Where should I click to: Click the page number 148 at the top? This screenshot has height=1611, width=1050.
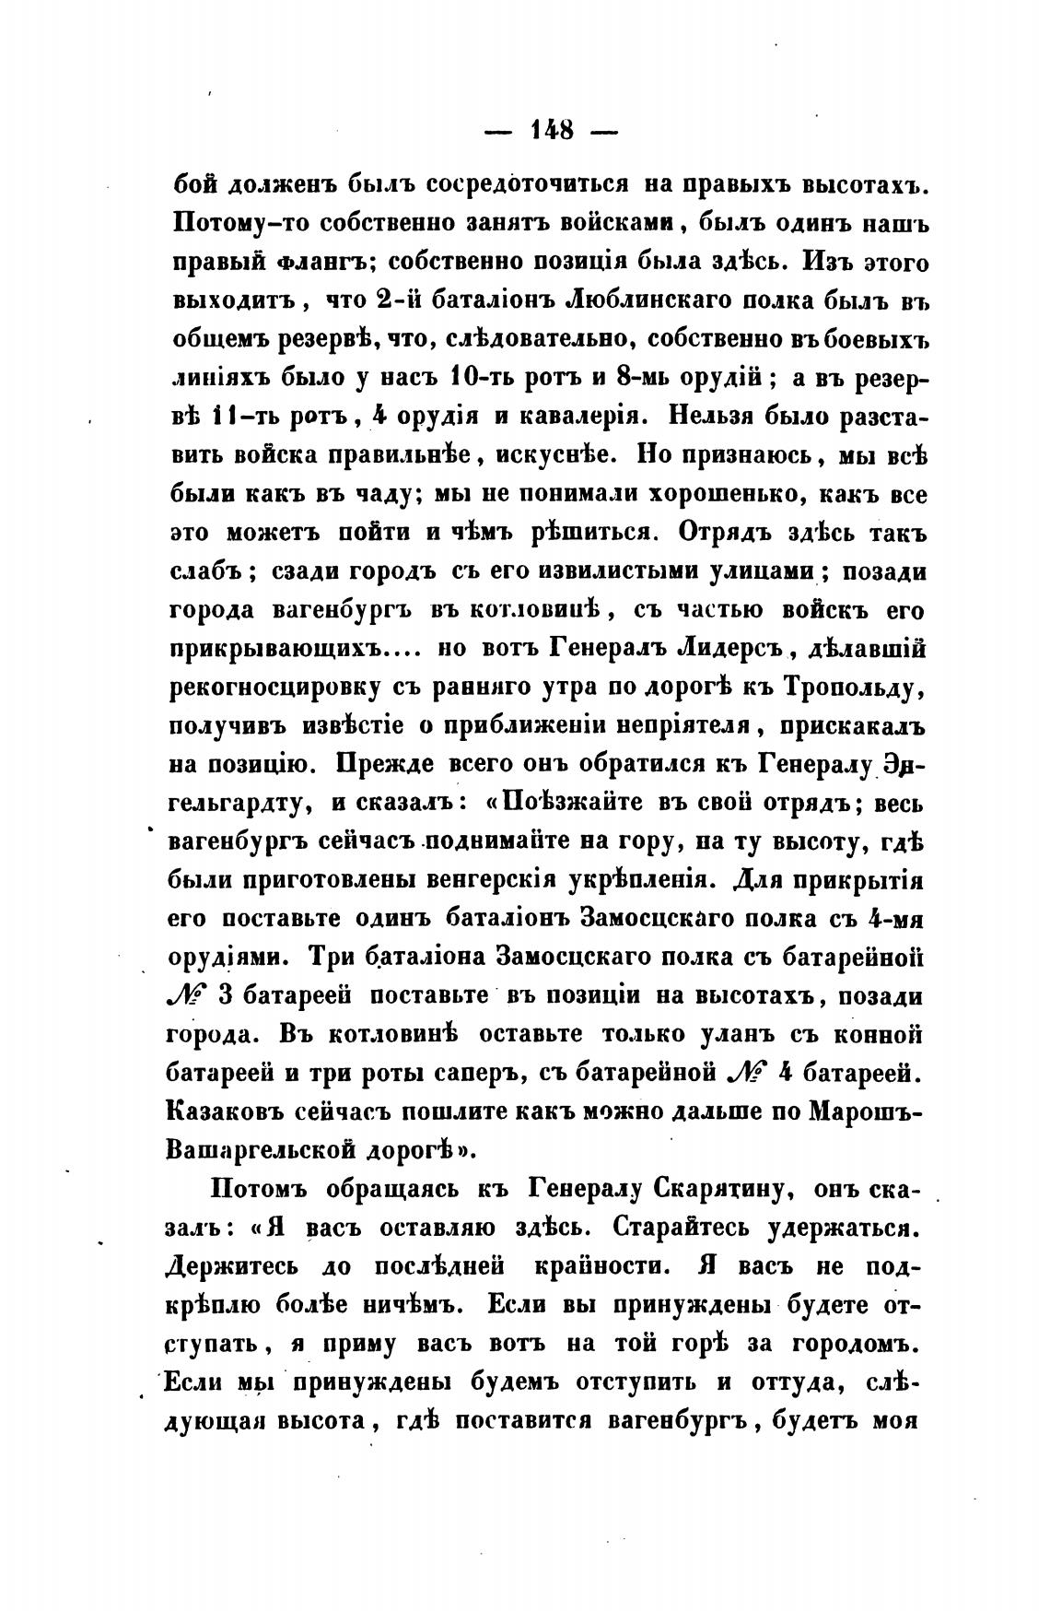(x=552, y=128)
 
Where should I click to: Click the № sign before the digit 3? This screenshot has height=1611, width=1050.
(x=191, y=995)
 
